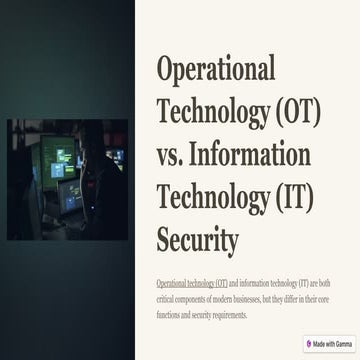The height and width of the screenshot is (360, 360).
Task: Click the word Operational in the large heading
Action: pyautogui.click(x=215, y=69)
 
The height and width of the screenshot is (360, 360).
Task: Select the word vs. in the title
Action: pyautogui.click(x=176, y=155)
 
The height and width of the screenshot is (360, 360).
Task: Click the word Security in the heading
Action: pyautogui.click(x=198, y=241)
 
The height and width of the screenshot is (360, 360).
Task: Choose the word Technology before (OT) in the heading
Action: pyautogui.click(x=209, y=112)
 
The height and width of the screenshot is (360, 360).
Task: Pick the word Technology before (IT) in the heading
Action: pyautogui.click(x=209, y=198)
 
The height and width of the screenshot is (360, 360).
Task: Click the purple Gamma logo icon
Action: pyautogui.click(x=309, y=344)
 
